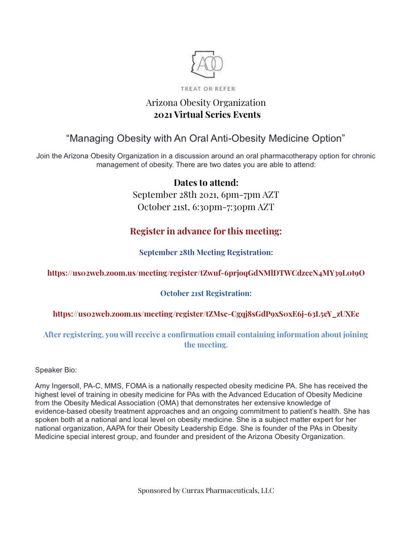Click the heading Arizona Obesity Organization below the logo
tap(205, 103)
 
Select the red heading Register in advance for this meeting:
tap(206, 231)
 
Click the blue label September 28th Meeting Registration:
tap(206, 252)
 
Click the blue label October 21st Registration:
tap(206, 293)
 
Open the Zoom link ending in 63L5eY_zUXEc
tap(206, 313)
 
